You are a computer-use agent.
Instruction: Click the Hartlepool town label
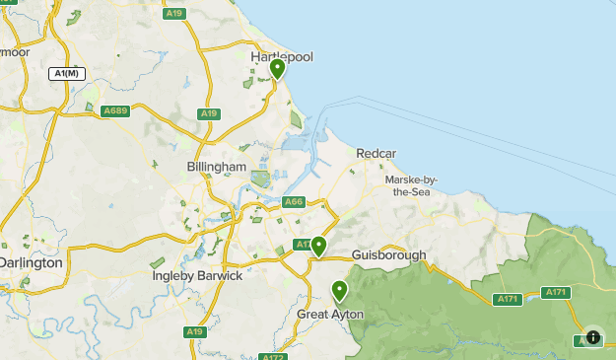(282, 57)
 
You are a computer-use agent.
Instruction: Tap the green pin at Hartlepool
(278, 69)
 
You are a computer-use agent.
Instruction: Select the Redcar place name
(376, 155)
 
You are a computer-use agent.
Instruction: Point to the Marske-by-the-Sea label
(411, 185)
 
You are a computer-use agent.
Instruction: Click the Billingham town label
(216, 167)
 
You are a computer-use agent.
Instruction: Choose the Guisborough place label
(388, 254)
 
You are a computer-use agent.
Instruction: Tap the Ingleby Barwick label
(197, 275)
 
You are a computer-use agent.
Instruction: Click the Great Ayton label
(330, 314)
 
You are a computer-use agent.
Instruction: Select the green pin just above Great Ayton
(340, 291)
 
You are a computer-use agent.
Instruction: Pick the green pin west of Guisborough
(318, 246)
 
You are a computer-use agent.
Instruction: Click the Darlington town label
(31, 262)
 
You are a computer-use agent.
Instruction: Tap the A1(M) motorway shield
(67, 74)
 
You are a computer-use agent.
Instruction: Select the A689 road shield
(115, 110)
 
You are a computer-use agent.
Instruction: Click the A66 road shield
(294, 202)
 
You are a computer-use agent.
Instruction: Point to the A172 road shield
(273, 356)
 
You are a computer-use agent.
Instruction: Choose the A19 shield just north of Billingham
(208, 114)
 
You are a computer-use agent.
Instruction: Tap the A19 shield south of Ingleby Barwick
(195, 332)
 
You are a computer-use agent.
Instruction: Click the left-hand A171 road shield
(508, 299)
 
